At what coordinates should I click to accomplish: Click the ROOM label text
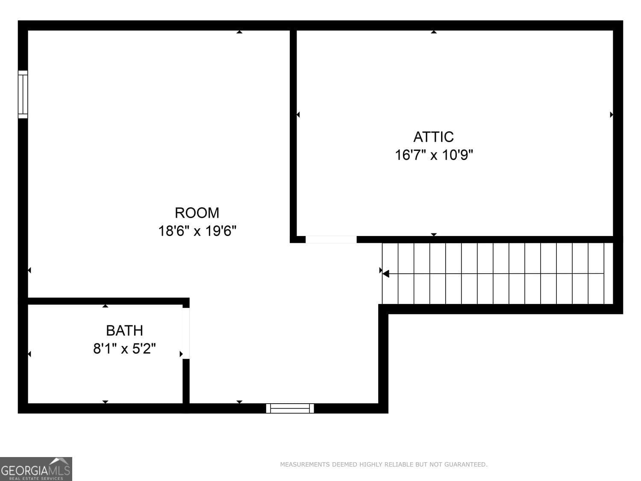click(197, 213)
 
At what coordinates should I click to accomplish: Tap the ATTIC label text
click(433, 137)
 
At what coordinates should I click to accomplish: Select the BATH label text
click(124, 331)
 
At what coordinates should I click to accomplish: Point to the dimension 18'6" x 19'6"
click(197, 231)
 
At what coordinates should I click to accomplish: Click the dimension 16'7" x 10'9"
click(434, 155)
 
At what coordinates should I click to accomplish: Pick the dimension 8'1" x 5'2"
click(124, 349)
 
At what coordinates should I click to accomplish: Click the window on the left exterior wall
click(23, 94)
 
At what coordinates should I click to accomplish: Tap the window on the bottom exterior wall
click(290, 408)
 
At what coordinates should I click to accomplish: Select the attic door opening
click(331, 239)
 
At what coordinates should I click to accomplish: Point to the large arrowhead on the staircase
click(386, 274)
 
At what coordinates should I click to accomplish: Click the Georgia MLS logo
click(36, 469)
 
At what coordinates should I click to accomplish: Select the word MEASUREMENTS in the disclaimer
click(305, 464)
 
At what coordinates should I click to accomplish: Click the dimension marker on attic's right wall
click(611, 115)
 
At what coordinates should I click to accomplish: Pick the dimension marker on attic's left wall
click(298, 115)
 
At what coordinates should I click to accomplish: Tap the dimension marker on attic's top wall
click(434, 32)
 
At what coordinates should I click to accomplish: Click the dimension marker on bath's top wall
click(105, 306)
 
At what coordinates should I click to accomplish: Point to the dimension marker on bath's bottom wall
click(105, 401)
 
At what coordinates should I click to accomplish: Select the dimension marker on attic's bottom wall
click(434, 234)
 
